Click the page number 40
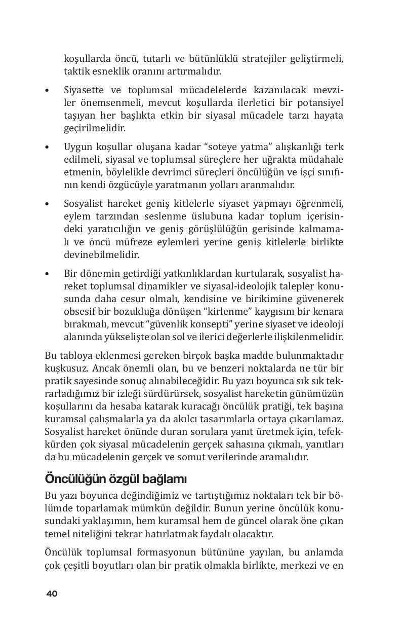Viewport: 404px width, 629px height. [52, 594]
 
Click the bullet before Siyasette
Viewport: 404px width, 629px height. [47, 91]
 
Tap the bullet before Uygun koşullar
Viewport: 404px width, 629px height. [47, 147]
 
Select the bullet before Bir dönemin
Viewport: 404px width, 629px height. [47, 274]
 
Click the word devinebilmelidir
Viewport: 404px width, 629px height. [101, 254]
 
